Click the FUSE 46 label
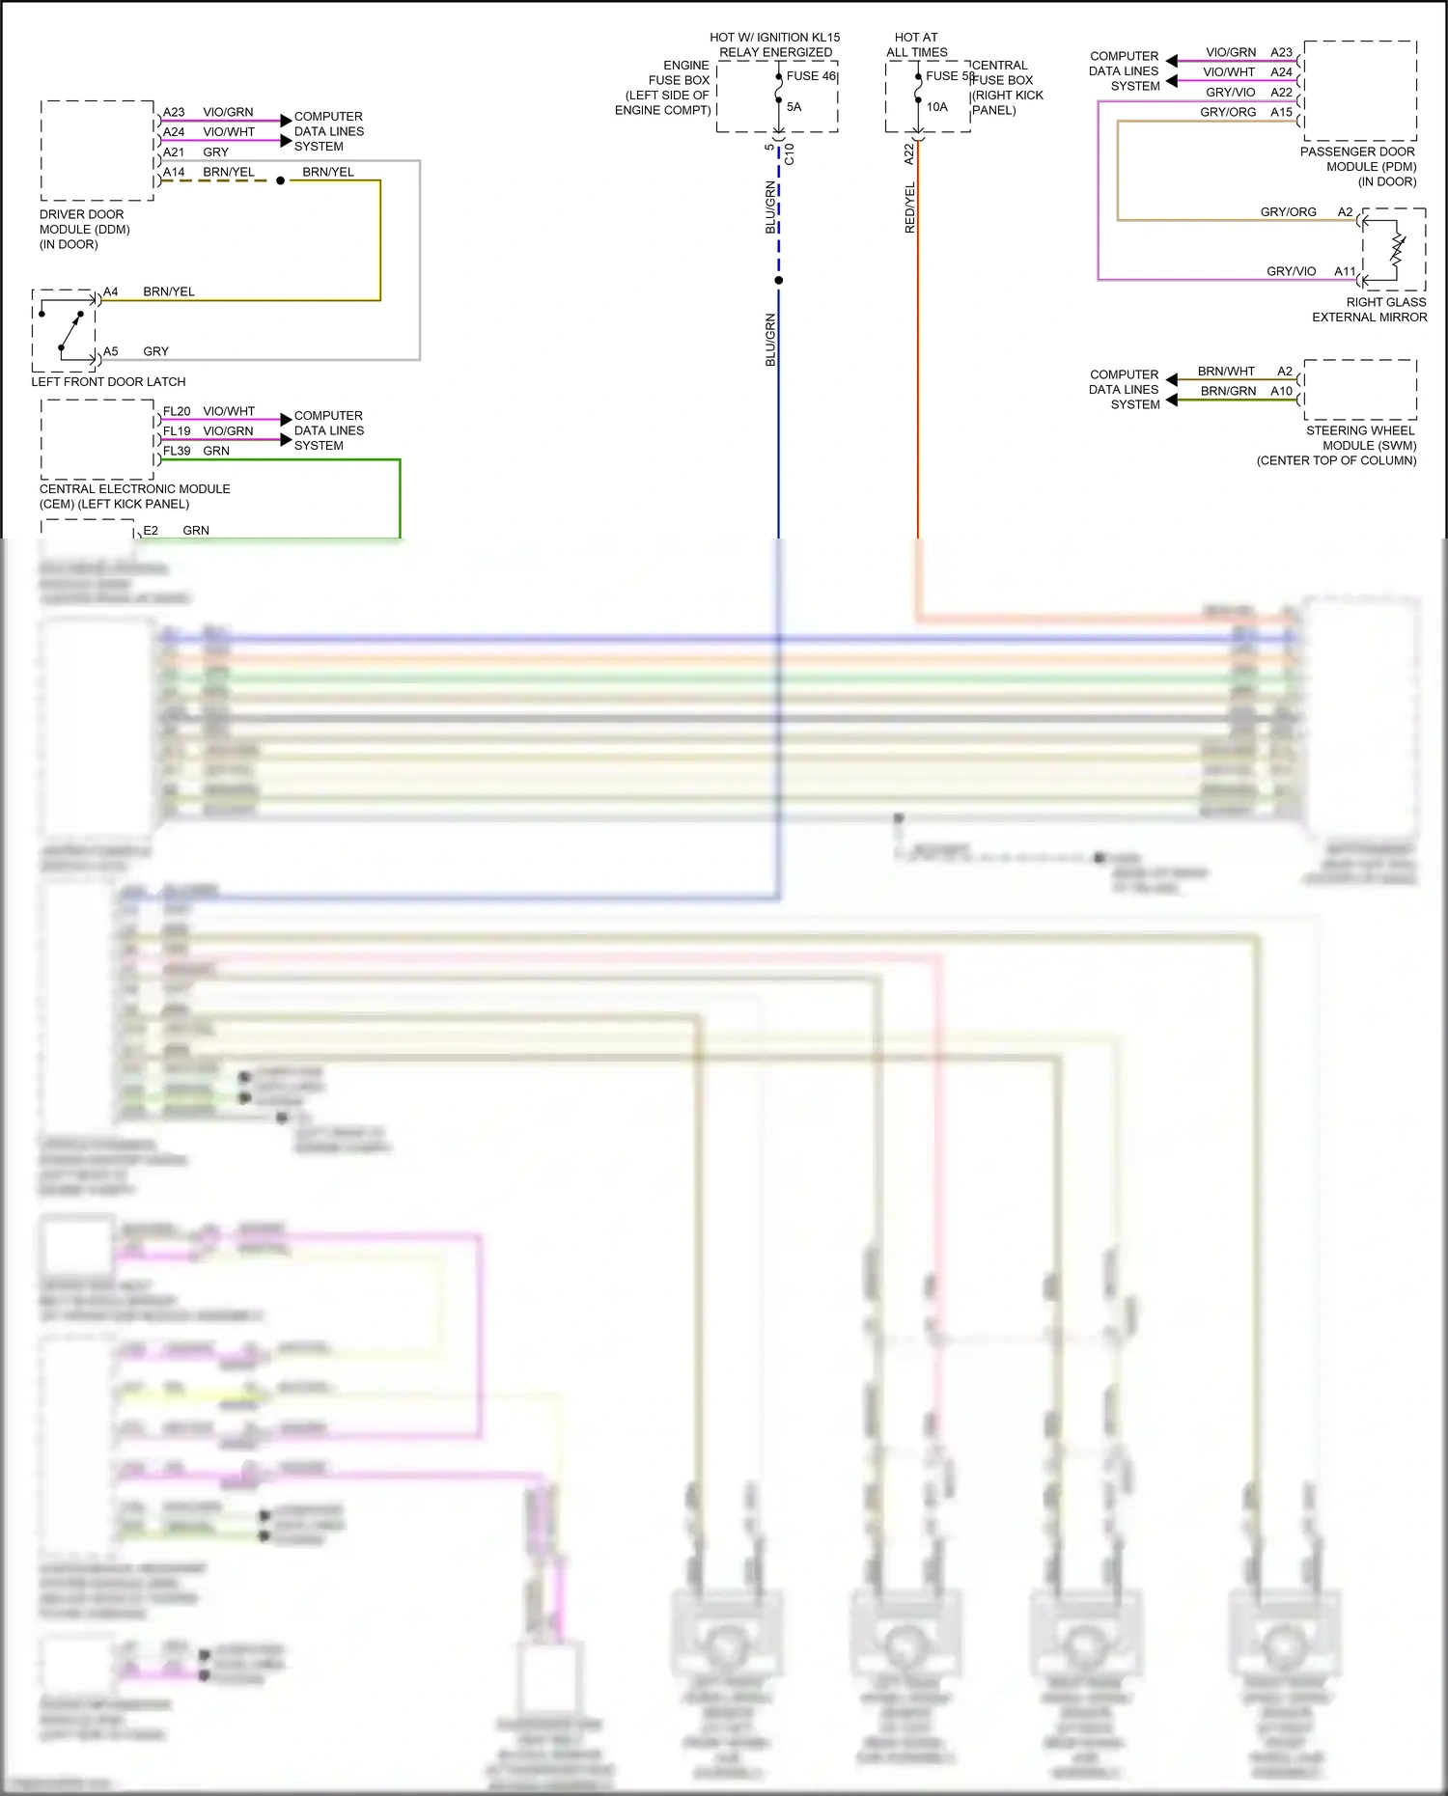pyautogui.click(x=811, y=76)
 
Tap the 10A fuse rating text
pyautogui.click(x=936, y=107)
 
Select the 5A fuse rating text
pyautogui.click(x=794, y=107)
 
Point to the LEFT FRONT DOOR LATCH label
pyautogui.click(x=108, y=382)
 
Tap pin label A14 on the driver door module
pyautogui.click(x=174, y=173)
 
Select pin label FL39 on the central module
pyautogui.click(x=177, y=452)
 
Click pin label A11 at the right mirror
pyautogui.click(x=1345, y=272)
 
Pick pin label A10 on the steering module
pyautogui.click(x=1281, y=392)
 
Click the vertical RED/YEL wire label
pyautogui.click(x=909, y=208)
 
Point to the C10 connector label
pyautogui.click(x=790, y=153)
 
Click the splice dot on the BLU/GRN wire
pyautogui.click(x=779, y=281)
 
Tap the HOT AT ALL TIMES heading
pyautogui.click(x=916, y=44)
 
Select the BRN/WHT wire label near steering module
pyautogui.click(x=1226, y=372)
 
